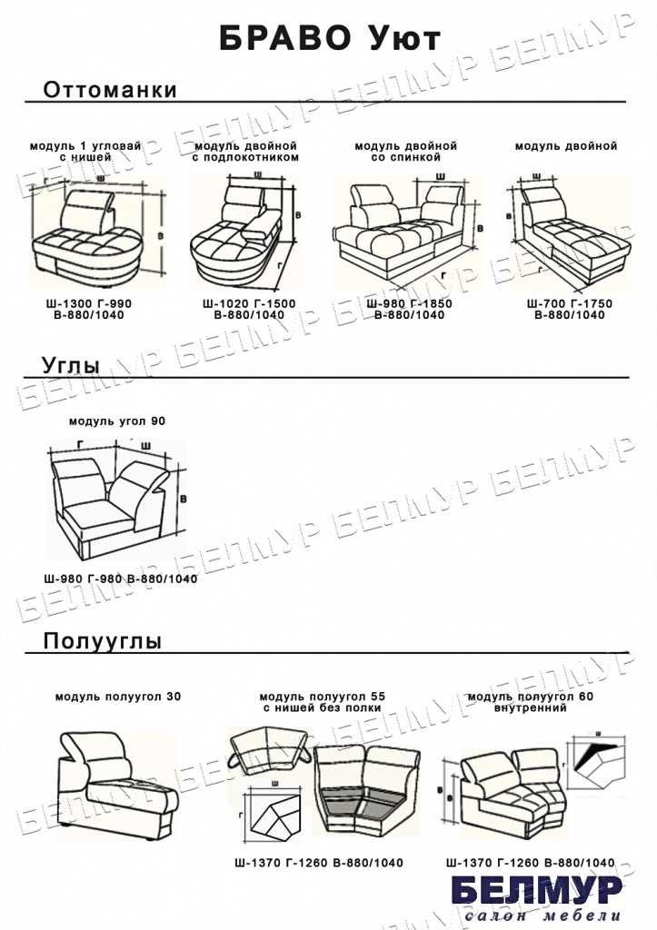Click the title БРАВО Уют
tap(330, 39)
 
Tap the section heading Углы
tap(71, 365)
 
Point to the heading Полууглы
tap(102, 641)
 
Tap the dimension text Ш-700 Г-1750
tap(570, 303)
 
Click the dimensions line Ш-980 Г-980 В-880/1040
tap(120, 579)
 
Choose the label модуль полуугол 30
tap(118, 697)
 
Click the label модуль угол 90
tap(117, 421)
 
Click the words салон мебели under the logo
tap(542, 915)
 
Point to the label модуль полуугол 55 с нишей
tap(323, 702)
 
